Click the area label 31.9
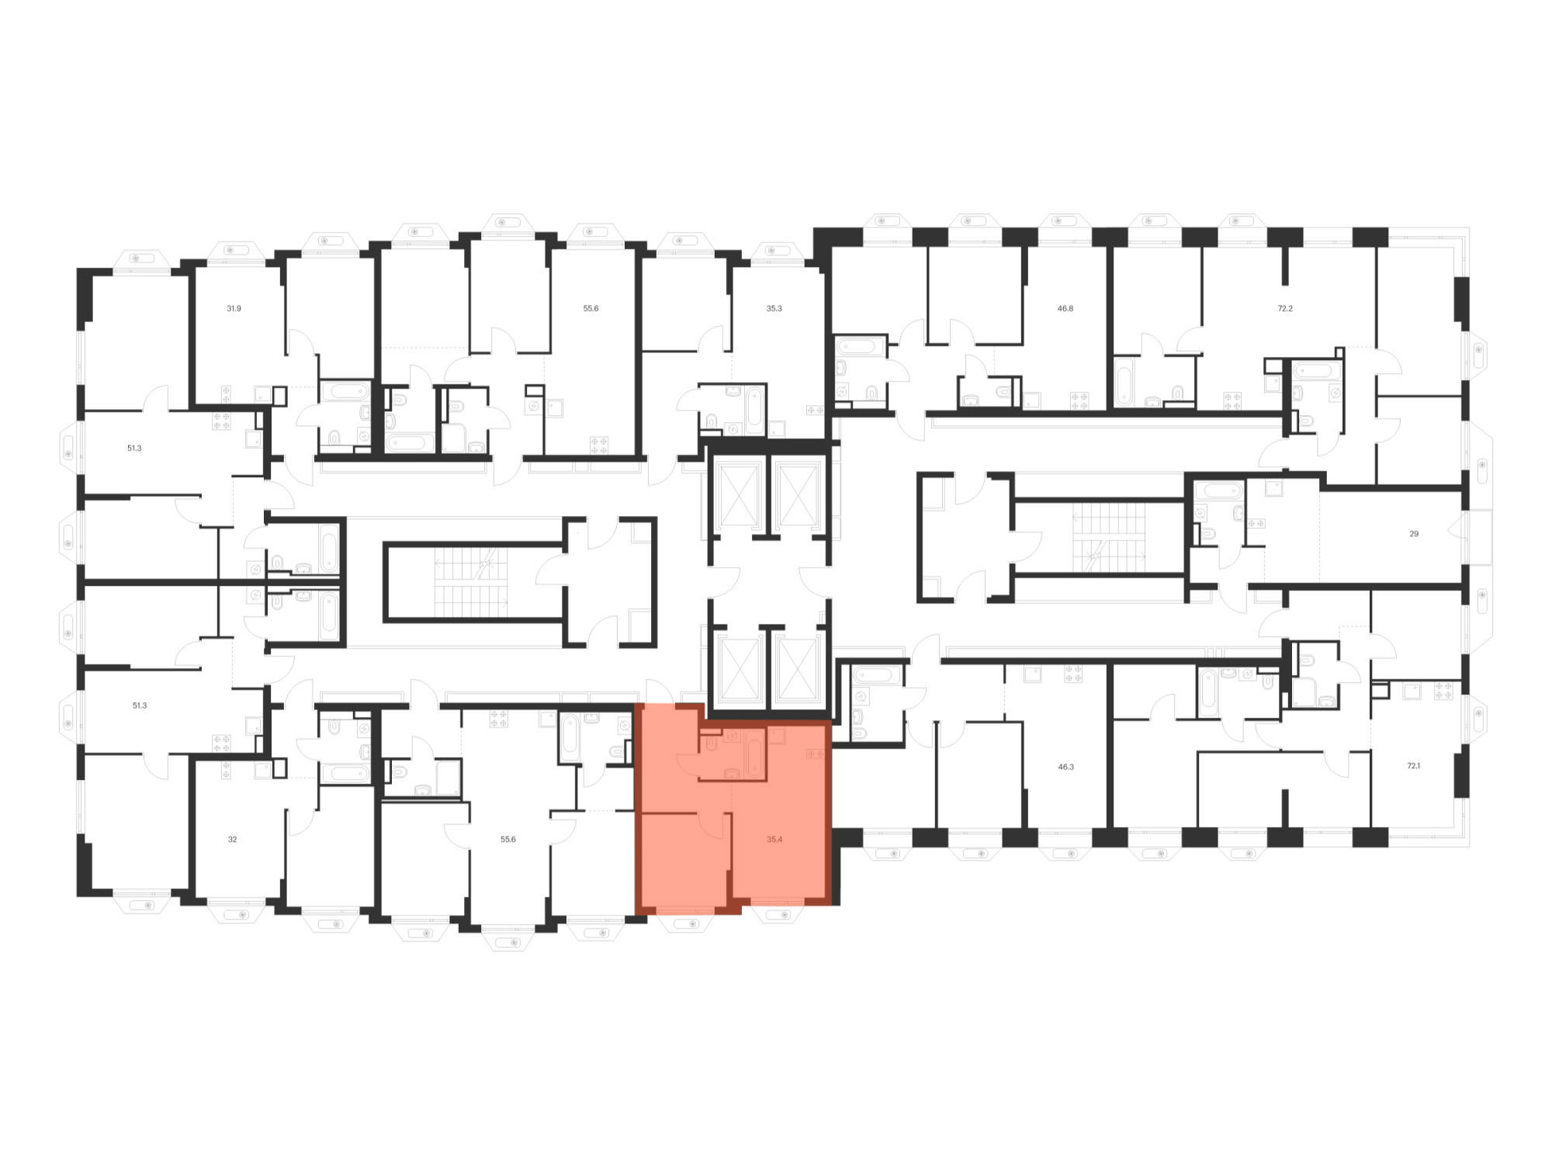(234, 309)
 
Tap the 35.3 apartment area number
(774, 309)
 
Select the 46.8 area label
(1065, 309)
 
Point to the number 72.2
(1285, 309)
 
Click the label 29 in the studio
(1414, 534)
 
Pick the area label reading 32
(232, 840)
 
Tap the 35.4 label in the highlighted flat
(774, 840)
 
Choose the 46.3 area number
(1066, 767)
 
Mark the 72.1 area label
(1414, 766)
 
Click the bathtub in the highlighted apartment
(755, 753)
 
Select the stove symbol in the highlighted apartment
(815, 753)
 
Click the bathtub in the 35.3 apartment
(755, 409)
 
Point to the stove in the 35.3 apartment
(815, 410)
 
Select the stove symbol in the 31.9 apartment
(226, 394)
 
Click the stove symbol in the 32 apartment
(226, 770)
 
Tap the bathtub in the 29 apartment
(1218, 490)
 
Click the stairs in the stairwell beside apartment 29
(1109, 537)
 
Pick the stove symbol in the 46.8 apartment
(1079, 401)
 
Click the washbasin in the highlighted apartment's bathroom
(731, 773)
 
